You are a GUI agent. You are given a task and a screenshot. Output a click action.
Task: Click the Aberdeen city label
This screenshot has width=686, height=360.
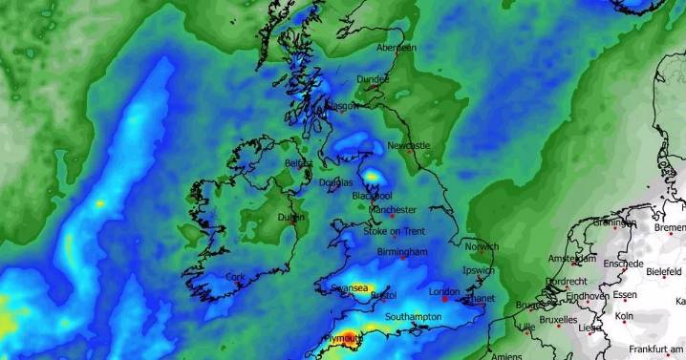[x=397, y=48]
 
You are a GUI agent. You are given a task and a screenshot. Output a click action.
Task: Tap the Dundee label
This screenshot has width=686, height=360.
[x=373, y=79]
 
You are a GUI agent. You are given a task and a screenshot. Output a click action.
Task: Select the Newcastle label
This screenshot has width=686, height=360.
[x=410, y=145]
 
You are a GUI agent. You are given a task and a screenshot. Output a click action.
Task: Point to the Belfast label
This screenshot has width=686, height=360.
[x=298, y=163]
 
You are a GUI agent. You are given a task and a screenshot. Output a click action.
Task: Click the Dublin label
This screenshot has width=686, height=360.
[x=290, y=217]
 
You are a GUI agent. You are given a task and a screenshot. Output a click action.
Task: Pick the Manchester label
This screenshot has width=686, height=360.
[x=392, y=209]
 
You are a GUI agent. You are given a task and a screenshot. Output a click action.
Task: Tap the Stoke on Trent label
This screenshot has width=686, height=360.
[x=395, y=231]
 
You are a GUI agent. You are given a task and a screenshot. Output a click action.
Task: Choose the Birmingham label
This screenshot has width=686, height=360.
[x=402, y=252]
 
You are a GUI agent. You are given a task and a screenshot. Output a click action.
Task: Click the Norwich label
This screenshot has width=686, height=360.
[x=482, y=246]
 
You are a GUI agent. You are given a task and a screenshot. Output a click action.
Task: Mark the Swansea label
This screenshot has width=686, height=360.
[x=348, y=286]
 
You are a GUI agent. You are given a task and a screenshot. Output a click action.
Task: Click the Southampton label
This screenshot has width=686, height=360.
[x=413, y=316]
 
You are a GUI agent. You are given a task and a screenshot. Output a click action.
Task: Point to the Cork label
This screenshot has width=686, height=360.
[x=235, y=276]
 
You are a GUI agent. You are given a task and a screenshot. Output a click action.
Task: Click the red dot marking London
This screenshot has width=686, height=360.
[x=444, y=300]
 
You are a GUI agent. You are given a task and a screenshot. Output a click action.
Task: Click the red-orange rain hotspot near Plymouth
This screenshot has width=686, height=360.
[x=350, y=335]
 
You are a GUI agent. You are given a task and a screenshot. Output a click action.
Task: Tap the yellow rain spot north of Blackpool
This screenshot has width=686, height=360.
[x=371, y=176]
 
